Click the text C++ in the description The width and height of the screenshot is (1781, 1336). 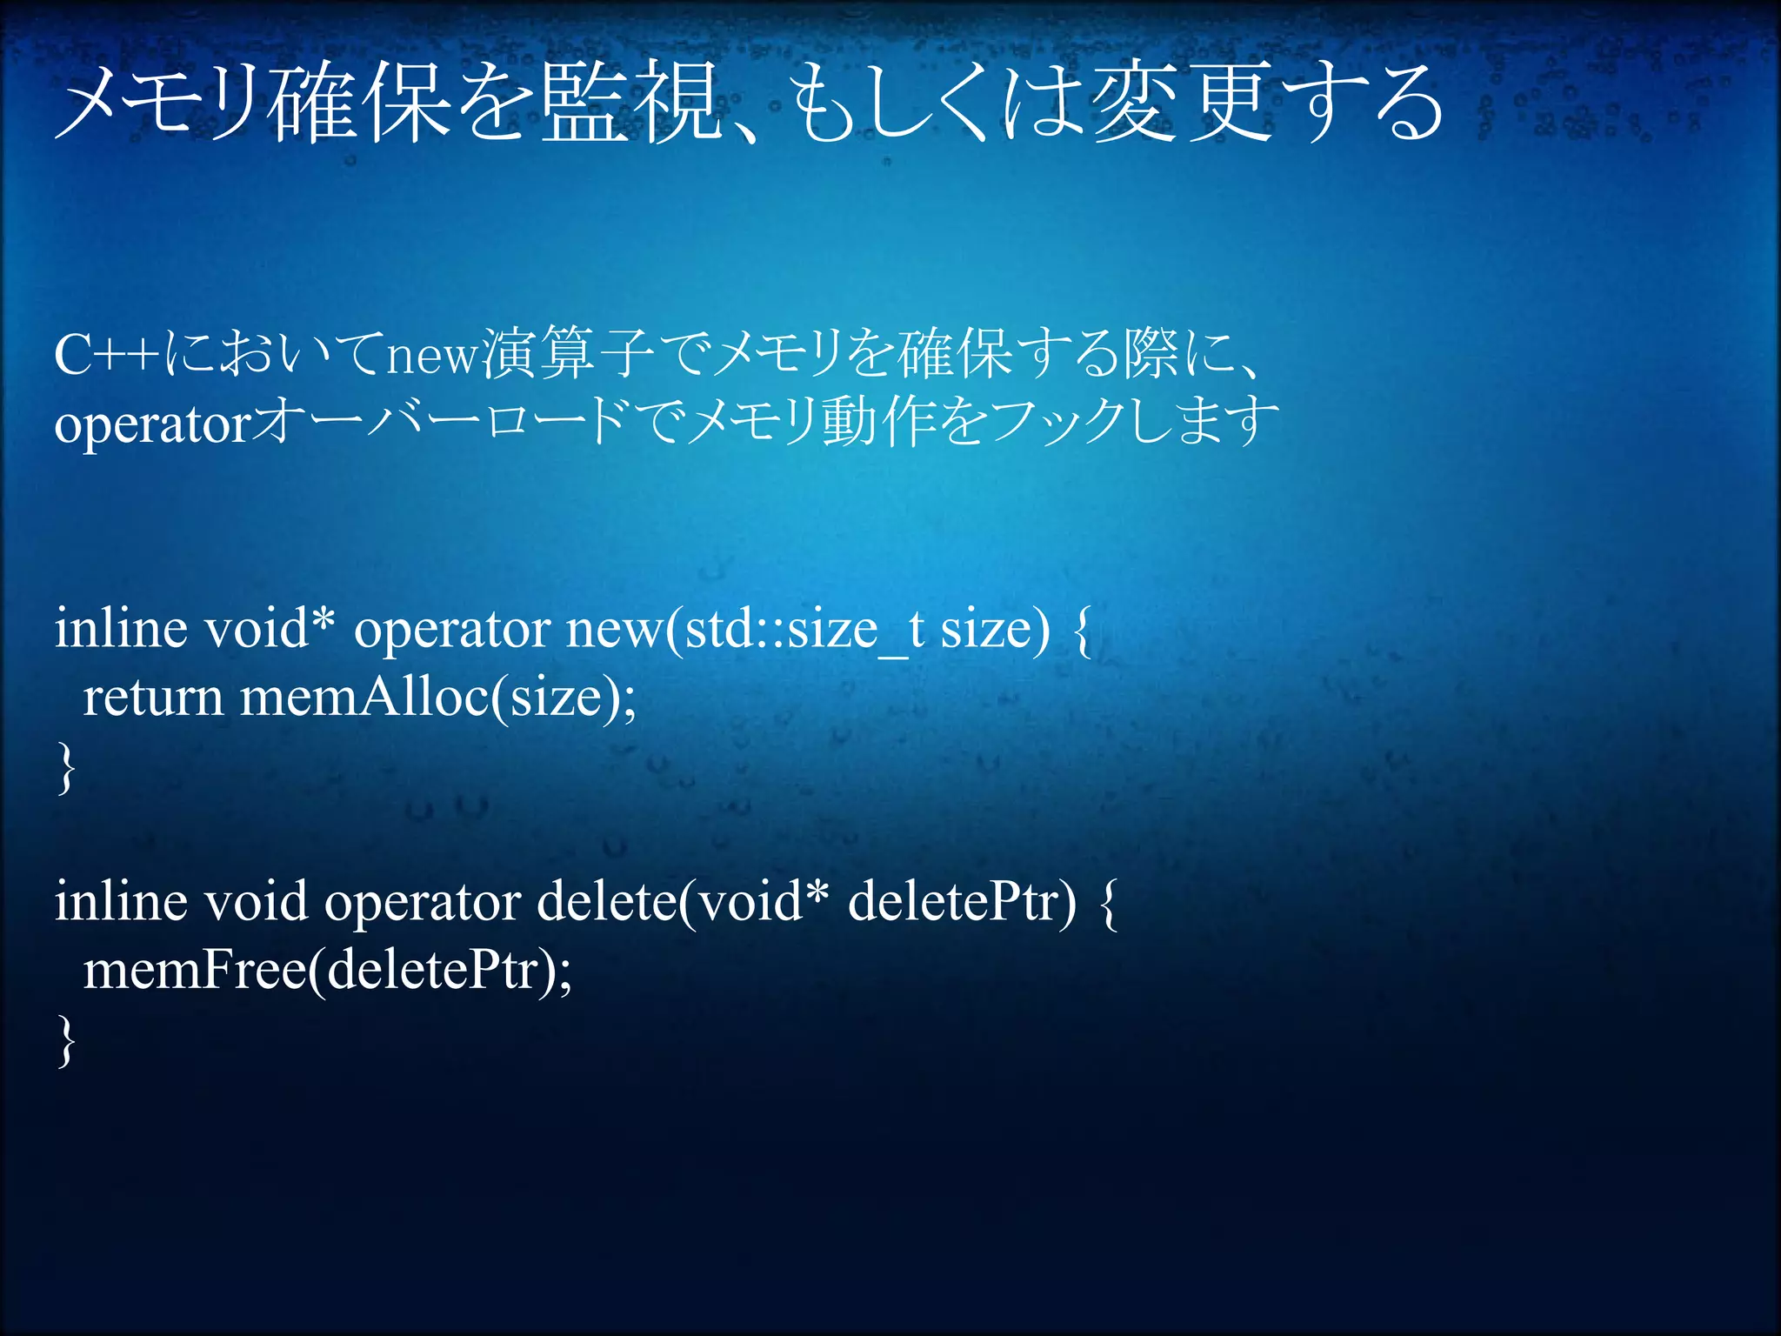coord(106,355)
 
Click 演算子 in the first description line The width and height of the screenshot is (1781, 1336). coord(567,355)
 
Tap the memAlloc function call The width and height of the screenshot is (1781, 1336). coord(364,698)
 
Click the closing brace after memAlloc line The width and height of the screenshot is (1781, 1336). coord(65,767)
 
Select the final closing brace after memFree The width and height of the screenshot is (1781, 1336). coord(65,1040)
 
